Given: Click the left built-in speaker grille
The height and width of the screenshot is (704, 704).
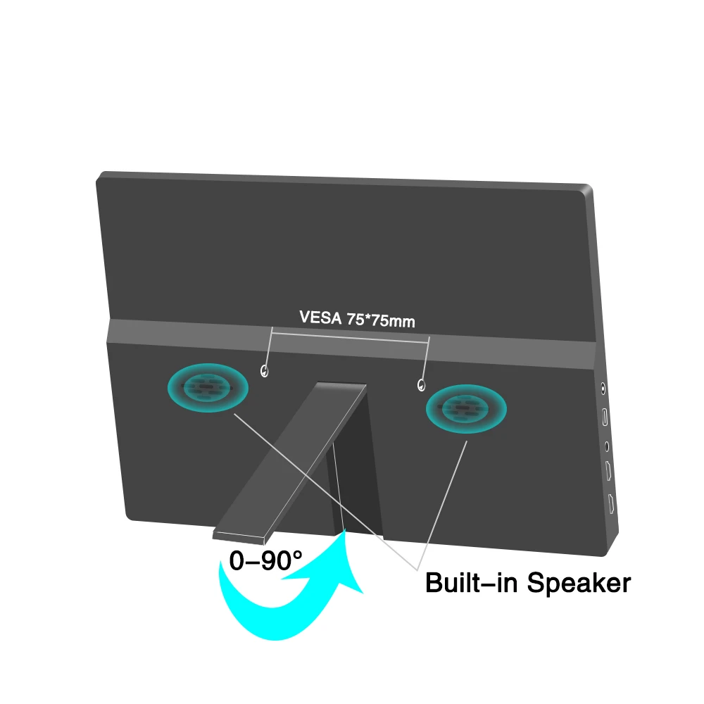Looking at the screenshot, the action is click(x=208, y=386).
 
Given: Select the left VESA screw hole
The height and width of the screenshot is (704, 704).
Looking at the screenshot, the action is click(x=264, y=370).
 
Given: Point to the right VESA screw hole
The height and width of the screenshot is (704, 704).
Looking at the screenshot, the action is click(x=422, y=384).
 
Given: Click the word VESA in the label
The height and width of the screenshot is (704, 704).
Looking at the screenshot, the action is click(x=321, y=318).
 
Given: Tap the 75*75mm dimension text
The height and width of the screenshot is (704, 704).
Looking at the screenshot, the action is click(x=380, y=321).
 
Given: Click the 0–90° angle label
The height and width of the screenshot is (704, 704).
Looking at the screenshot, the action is click(x=265, y=560).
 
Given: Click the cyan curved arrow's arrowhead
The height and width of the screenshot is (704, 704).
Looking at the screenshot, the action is click(x=346, y=556).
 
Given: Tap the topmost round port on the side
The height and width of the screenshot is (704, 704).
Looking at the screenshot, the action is click(x=603, y=386).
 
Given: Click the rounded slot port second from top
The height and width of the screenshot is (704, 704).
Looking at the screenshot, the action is click(x=605, y=417).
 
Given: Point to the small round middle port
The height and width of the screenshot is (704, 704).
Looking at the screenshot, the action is click(x=606, y=445).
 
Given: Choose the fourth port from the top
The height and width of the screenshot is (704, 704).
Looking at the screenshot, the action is click(x=608, y=472).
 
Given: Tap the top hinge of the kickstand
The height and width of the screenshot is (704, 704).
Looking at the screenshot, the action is click(x=341, y=386).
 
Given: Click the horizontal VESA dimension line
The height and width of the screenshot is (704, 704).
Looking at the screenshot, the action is click(x=350, y=336).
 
